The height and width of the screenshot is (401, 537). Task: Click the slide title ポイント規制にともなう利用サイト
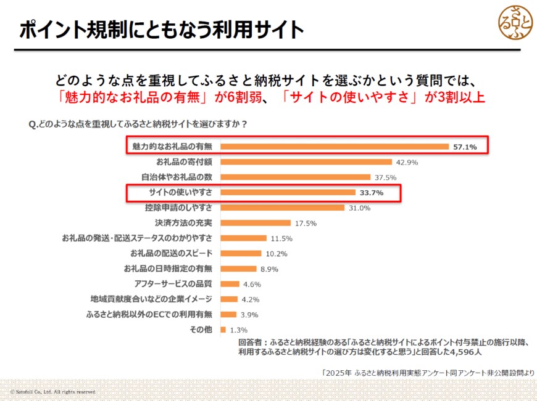tap(162, 30)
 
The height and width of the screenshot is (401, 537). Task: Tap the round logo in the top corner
tap(515, 22)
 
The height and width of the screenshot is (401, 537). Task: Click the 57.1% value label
tap(465, 147)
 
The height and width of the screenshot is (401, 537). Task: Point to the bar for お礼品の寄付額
tap(306, 162)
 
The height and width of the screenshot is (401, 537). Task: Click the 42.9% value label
tap(407, 163)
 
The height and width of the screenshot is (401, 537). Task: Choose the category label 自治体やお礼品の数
tap(177, 177)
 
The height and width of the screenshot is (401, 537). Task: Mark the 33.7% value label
tap(372, 193)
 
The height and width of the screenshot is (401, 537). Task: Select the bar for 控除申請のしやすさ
tap(282, 208)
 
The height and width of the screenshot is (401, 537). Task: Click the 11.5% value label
tap(281, 238)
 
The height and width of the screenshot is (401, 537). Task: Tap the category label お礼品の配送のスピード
tap(172, 253)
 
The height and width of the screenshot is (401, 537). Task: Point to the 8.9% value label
tap(270, 269)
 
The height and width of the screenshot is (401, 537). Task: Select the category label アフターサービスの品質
tap(173, 284)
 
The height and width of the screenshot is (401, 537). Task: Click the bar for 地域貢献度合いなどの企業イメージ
tap(229, 299)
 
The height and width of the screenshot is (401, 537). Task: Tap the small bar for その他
tap(223, 330)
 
